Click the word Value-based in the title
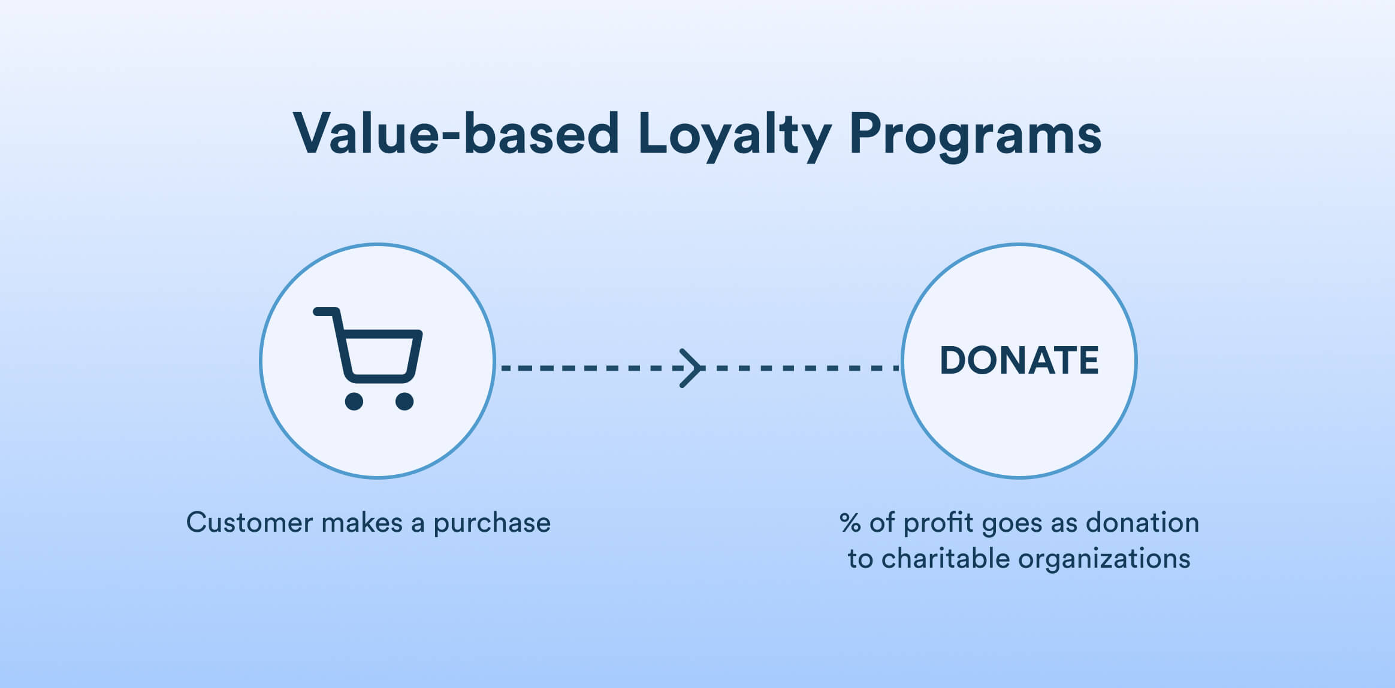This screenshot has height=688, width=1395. tap(455, 133)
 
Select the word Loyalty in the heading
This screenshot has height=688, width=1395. tap(735, 137)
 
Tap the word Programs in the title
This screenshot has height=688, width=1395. tap(976, 137)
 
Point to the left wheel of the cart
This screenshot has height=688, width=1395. tap(354, 401)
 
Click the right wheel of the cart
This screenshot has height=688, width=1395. tap(404, 401)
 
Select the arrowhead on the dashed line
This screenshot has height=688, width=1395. tap(691, 368)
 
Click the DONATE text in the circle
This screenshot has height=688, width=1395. tap(1019, 360)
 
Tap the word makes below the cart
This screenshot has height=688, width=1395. tap(362, 522)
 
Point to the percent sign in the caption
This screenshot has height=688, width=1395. tap(850, 523)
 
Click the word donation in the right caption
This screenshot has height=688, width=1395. tap(1143, 522)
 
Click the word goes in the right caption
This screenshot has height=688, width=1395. tap(1012, 525)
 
